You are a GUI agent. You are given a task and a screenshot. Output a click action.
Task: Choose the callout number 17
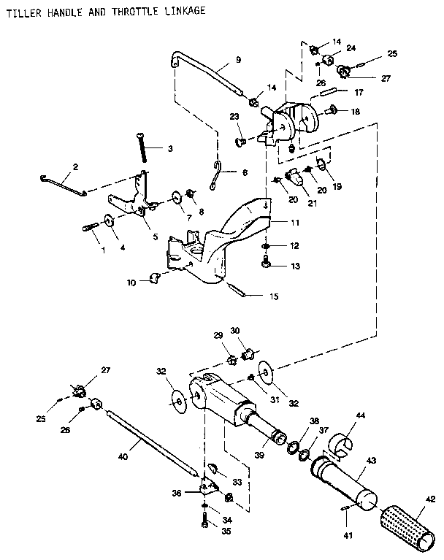click(x=359, y=93)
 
